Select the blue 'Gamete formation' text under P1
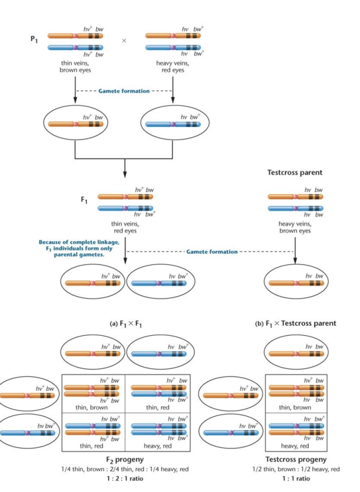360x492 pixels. coord(124,91)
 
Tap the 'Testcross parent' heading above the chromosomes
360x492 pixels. coord(295,172)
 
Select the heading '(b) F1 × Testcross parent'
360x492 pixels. coord(295,323)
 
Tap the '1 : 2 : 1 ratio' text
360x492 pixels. coord(124,478)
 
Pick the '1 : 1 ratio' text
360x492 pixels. coord(295,478)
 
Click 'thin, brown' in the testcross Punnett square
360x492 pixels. coord(295,408)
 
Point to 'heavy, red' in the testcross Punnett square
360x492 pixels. coord(295,446)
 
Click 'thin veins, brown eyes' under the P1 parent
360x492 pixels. coord(75,67)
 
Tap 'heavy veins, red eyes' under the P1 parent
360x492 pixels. coord(173,67)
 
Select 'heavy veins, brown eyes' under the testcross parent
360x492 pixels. coord(295,226)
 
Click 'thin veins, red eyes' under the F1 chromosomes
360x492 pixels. coord(125,226)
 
